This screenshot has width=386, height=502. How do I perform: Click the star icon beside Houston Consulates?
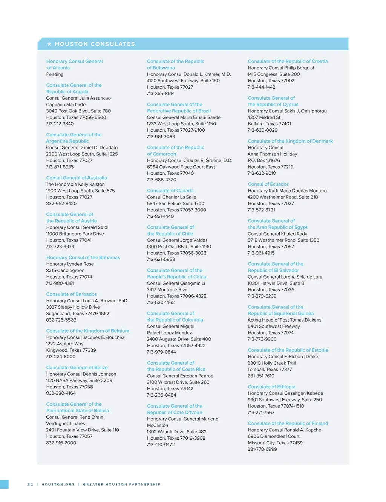tap(49, 44)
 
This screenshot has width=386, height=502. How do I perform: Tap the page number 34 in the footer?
tap(30, 484)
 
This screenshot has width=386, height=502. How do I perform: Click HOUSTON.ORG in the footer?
tap(58, 484)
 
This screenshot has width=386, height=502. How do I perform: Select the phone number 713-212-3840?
tap(60, 124)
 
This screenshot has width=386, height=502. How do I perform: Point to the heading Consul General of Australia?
tap(77, 178)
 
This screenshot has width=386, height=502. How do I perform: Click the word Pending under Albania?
tap(55, 74)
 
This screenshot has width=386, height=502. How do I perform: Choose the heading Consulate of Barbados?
tap(71, 294)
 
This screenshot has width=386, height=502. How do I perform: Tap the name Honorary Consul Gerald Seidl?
tap(77, 227)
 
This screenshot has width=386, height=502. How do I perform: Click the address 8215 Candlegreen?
tap(65, 270)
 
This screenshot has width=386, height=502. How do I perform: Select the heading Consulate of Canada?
tap(170, 191)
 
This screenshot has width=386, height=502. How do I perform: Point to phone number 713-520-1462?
tap(161, 302)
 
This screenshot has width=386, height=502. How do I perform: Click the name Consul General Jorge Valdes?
tap(177, 240)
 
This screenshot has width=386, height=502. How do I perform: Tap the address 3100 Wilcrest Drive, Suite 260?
tap(178, 382)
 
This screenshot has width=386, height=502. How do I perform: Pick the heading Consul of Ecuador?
tap(268, 184)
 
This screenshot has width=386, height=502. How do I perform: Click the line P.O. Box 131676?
tap(264, 160)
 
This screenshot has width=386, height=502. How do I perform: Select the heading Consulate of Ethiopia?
tap(271, 387)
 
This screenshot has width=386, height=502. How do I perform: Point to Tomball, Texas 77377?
tap(270, 369)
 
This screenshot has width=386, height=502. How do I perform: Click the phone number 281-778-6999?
tap(262, 449)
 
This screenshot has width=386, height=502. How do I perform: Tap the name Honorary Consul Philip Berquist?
tap(281, 68)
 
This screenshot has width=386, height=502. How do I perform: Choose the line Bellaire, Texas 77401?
tap(269, 124)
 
